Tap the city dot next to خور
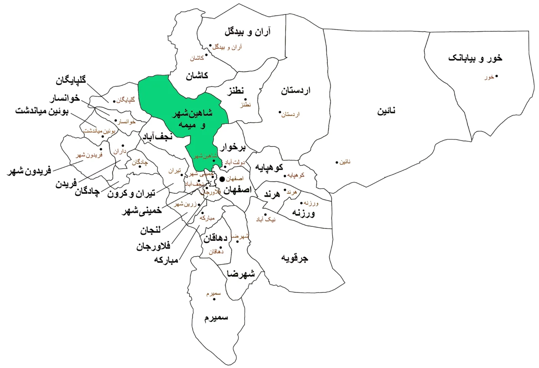tap(497, 76)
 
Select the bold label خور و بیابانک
tap(475, 58)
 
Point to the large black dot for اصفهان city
tap(222, 179)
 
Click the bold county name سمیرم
tap(216, 317)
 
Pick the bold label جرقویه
tap(295, 258)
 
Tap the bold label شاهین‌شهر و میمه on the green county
tap(193, 119)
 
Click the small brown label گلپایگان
tap(126, 99)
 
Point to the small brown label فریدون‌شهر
tap(89, 155)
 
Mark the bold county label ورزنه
tap(304, 213)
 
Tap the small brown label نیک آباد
tap(267, 219)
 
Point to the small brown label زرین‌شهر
tap(185, 204)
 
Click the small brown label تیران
tap(174, 171)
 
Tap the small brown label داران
tap(120, 150)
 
